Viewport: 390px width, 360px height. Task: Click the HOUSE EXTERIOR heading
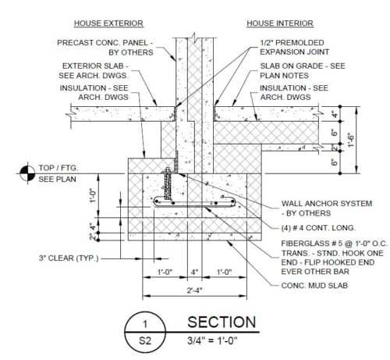(108, 23)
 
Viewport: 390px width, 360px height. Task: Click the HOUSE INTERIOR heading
(280, 23)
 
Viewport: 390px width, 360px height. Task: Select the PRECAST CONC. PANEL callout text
(105, 48)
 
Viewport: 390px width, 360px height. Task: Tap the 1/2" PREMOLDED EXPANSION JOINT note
(294, 48)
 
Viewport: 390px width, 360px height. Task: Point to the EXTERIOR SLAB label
(94, 70)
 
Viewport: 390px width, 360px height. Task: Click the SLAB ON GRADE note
(303, 70)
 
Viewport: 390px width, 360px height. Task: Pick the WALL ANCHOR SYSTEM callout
(327, 209)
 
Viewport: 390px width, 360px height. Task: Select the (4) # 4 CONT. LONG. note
(318, 228)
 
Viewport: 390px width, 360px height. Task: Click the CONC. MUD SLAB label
(314, 286)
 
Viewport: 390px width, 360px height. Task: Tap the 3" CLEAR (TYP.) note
(69, 258)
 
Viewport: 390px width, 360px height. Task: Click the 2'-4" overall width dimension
(194, 290)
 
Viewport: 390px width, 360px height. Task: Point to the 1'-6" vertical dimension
(351, 140)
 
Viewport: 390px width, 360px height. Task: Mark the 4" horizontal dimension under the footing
(194, 272)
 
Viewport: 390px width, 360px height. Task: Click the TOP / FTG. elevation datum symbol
(27, 173)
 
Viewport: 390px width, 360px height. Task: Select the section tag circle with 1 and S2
(145, 333)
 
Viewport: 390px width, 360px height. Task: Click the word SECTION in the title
(222, 323)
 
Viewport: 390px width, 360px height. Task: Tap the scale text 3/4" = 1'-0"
(212, 340)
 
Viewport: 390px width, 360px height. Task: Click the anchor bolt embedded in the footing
(168, 184)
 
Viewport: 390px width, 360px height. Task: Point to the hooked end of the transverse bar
(232, 202)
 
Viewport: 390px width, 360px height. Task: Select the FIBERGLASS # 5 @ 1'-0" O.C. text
(335, 244)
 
